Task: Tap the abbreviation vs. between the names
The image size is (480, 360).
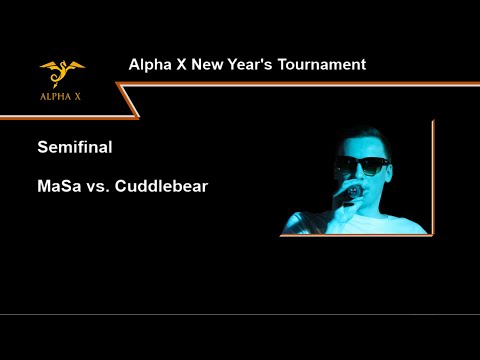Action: pos(100,186)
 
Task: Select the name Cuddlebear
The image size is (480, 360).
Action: pos(162,186)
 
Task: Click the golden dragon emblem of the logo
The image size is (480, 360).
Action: pos(62,72)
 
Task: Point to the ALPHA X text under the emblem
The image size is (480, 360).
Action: pos(62,98)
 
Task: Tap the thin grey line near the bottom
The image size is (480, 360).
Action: pos(240,314)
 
